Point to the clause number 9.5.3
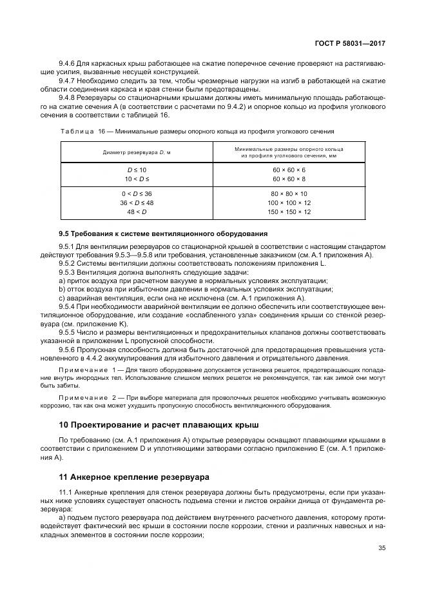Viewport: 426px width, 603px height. pos(68,273)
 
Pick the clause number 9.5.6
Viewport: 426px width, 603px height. pos(68,348)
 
